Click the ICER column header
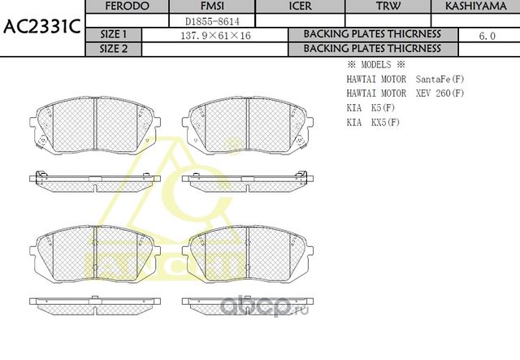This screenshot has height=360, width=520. pos(301,7)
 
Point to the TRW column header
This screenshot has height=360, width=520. pos(387,7)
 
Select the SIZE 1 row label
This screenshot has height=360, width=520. pos(113,34)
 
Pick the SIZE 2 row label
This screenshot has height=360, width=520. pos(113,48)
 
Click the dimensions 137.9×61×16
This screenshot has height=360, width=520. pos(215,35)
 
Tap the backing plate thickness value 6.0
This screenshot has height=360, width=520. pos(487,35)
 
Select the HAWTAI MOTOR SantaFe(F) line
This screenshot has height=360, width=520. pos(405,80)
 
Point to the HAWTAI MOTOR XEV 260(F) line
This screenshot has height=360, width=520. pos(405,94)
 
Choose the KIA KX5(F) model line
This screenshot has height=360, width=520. pos(374,123)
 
